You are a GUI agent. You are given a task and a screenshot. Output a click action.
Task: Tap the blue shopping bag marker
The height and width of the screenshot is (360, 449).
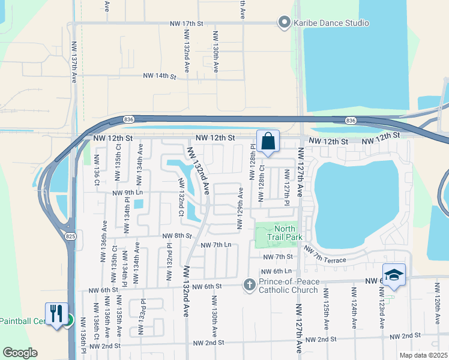point(268,142)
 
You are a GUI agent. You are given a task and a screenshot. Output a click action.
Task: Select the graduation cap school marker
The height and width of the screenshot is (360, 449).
point(394,275)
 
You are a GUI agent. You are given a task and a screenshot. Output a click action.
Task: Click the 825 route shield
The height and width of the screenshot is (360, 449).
point(71,229)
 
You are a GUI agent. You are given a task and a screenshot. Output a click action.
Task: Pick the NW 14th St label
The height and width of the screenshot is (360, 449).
point(159,76)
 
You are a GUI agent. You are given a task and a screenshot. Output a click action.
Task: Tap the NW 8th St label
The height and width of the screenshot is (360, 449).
point(176,236)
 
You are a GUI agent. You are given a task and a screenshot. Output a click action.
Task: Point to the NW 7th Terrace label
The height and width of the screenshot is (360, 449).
point(325,254)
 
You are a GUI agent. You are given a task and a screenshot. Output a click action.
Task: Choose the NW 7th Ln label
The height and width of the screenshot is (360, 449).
point(215,245)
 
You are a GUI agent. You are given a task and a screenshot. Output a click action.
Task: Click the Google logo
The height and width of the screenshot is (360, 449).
point(20,352)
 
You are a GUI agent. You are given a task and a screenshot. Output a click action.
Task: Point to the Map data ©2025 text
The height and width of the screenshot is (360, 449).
point(423,355)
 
